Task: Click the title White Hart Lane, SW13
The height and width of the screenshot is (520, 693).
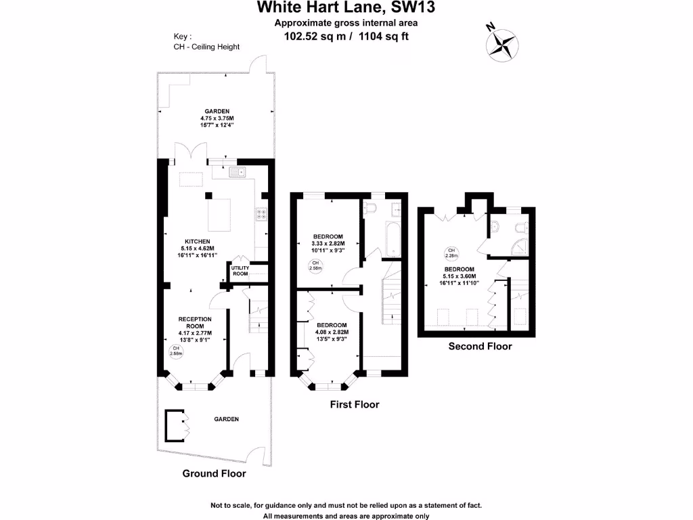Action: pyautogui.click(x=345, y=8)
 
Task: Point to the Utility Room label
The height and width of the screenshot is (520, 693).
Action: pyautogui.click(x=240, y=271)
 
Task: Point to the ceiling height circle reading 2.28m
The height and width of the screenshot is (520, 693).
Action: pyautogui.click(x=451, y=253)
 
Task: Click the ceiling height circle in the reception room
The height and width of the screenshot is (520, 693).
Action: pyautogui.click(x=175, y=351)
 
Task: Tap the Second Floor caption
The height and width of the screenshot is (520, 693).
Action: pyautogui.click(x=480, y=346)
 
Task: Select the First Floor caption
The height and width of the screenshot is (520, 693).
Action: pyautogui.click(x=354, y=404)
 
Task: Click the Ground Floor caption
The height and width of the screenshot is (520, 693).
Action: pyautogui.click(x=214, y=473)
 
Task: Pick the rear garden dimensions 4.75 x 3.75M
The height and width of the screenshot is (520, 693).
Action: pyautogui.click(x=218, y=118)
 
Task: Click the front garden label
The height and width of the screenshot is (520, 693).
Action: pyautogui.click(x=227, y=419)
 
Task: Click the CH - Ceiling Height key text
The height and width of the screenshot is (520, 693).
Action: pyautogui.click(x=206, y=47)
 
